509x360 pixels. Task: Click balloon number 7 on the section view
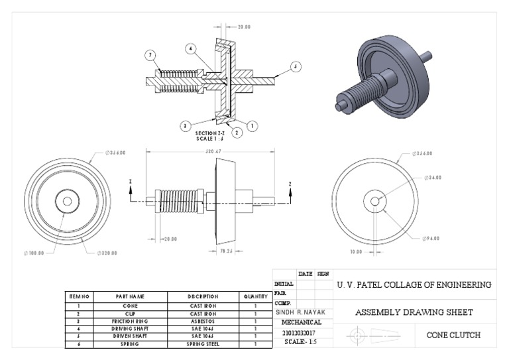coord(151,54)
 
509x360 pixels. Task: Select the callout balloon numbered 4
coord(190,48)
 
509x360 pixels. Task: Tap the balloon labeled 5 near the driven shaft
coord(296,66)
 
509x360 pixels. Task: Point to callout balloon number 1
coord(253,124)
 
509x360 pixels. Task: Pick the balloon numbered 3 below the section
coord(187,124)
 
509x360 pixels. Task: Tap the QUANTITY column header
coord(254,296)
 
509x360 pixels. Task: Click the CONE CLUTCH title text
coord(453,335)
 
